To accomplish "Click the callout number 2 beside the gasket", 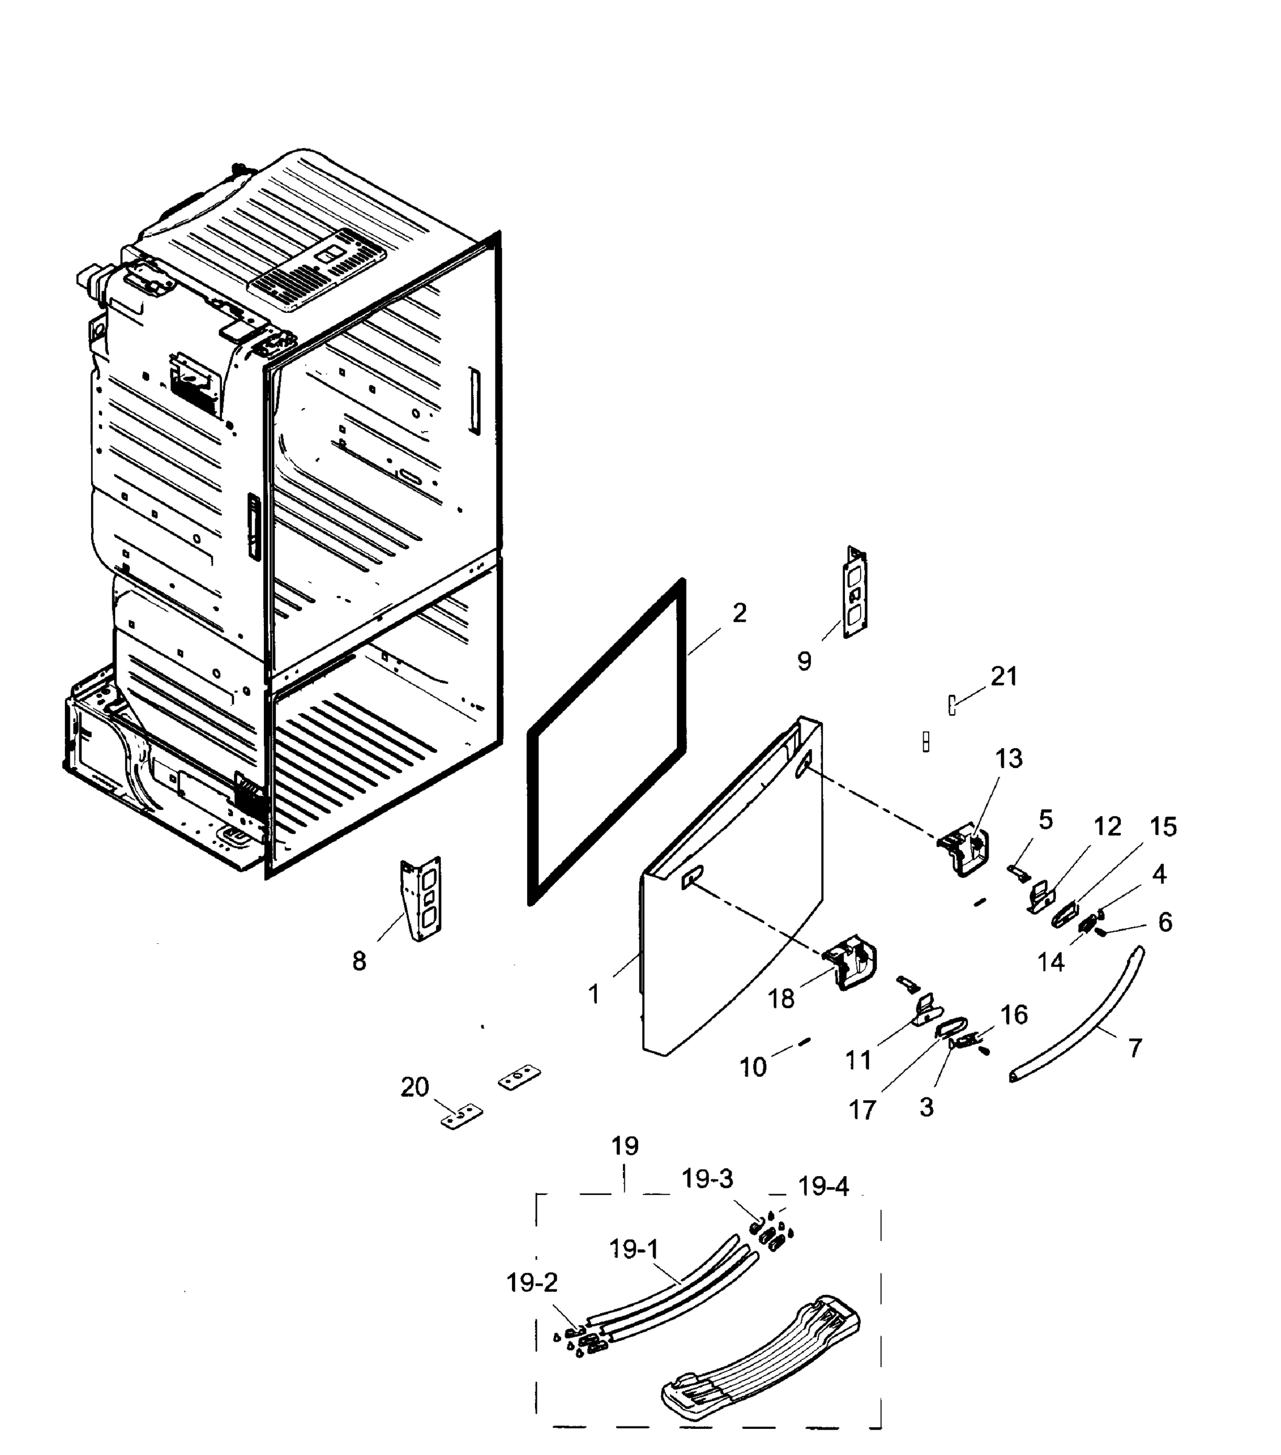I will [x=739, y=613].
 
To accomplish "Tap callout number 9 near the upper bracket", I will [x=804, y=661].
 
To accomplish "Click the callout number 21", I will [x=1004, y=676].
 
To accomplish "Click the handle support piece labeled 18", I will [x=851, y=962].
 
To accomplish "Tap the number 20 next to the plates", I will [x=414, y=1087].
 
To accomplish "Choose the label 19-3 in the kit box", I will [x=707, y=1180].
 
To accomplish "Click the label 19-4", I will [x=823, y=1186].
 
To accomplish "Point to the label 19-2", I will [x=532, y=1283].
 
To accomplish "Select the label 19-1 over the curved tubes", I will [x=634, y=1249].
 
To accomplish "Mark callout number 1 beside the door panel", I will [x=594, y=994].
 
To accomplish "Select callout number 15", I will [x=1163, y=826].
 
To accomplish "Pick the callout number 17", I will [x=862, y=1110].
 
